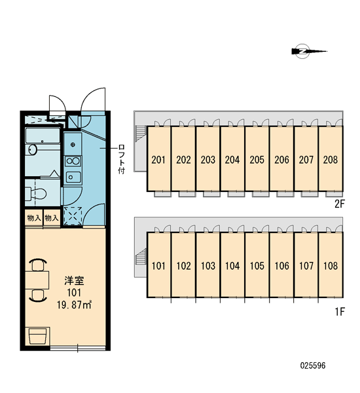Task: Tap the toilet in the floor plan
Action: click(36, 193)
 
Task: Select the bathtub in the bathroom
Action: click(43, 136)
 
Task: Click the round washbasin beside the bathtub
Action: click(32, 150)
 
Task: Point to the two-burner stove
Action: click(73, 161)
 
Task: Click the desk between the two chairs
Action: click(37, 280)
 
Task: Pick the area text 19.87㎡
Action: click(74, 305)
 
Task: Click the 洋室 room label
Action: click(74, 280)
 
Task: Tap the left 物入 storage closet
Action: click(34, 218)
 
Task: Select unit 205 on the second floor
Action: click(257, 159)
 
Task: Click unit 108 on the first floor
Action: click(331, 265)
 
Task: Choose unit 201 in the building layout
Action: click(158, 159)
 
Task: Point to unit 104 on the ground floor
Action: click(232, 265)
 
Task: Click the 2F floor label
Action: click(340, 204)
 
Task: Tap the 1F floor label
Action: click(340, 312)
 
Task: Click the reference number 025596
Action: click(313, 365)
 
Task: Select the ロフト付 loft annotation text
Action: click(122, 159)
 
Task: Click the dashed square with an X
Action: click(73, 216)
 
